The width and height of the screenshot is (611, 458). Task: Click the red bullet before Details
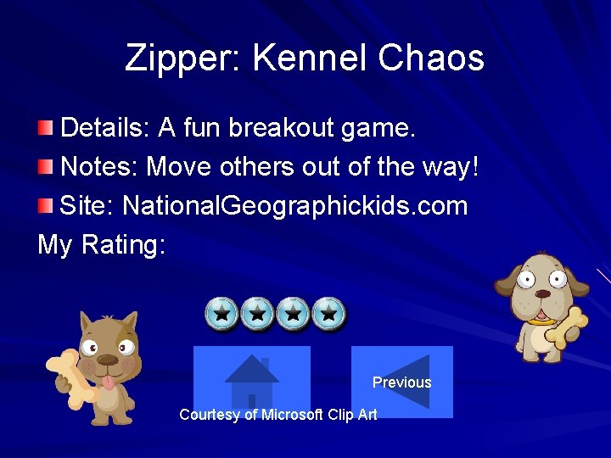tap(45, 129)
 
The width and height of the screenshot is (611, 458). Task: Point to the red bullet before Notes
tap(45, 167)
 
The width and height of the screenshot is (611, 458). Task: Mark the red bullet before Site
tap(45, 204)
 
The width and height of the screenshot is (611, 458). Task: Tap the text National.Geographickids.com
tap(294, 205)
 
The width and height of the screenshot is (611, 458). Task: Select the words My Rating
tap(102, 244)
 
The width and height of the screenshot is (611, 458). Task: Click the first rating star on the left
tap(221, 314)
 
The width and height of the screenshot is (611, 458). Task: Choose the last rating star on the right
tap(329, 314)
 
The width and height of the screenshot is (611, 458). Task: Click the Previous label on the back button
tap(401, 383)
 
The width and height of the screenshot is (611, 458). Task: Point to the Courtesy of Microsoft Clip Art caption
tap(278, 415)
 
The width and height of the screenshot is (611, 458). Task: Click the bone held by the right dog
tap(566, 327)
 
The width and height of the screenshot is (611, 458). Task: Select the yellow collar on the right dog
tap(541, 321)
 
